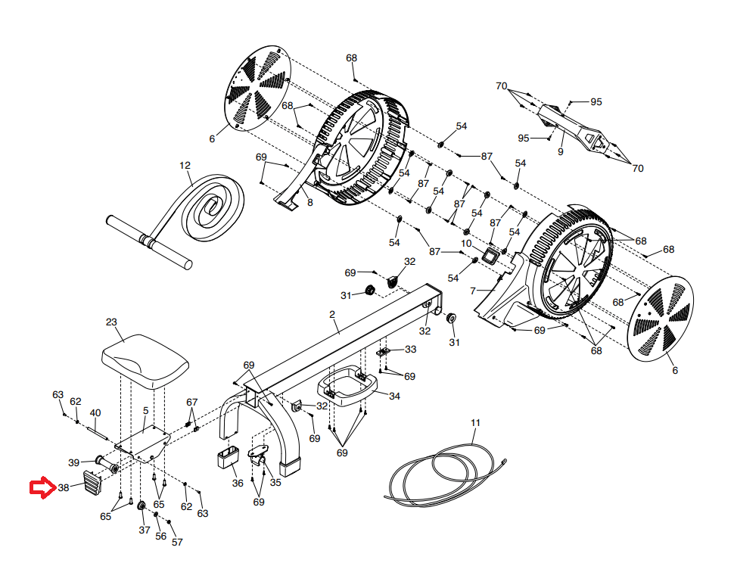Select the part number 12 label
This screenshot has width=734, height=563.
click(185, 165)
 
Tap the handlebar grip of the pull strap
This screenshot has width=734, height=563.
click(149, 242)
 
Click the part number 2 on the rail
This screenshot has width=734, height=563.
click(332, 315)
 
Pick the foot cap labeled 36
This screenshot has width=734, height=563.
click(228, 457)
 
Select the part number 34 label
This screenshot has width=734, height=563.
click(394, 396)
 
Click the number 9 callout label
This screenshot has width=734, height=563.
click(560, 151)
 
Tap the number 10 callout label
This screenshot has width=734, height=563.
click(466, 244)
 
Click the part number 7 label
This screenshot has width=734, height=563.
click(473, 291)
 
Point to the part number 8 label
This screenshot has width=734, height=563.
click(310, 203)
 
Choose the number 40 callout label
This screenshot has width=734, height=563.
click(95, 412)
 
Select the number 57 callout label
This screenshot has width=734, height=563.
click(177, 542)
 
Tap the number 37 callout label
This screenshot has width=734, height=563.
click(145, 530)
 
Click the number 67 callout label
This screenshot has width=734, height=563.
click(192, 402)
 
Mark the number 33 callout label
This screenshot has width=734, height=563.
click(411, 349)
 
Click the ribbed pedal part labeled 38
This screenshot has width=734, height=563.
click(92, 483)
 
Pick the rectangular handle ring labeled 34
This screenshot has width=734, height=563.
click(347, 386)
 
